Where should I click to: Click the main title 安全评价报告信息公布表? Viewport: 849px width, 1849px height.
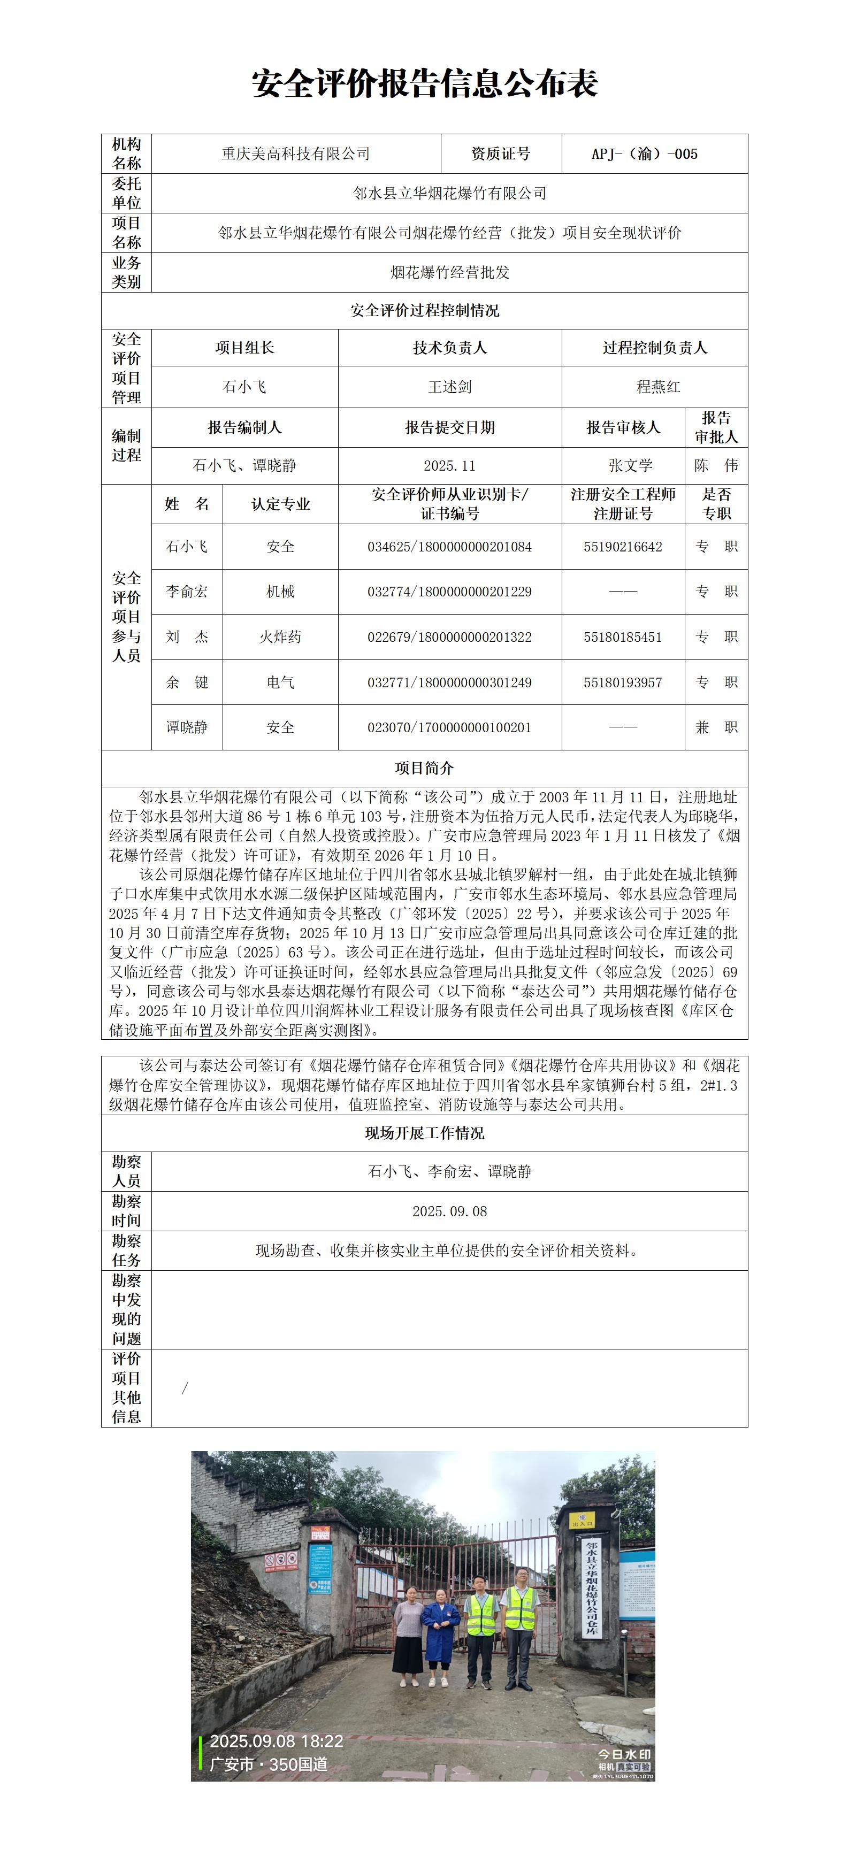pos(424,84)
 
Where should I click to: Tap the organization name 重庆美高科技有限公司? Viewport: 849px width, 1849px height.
pos(296,154)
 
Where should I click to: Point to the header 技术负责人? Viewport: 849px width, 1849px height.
pos(449,348)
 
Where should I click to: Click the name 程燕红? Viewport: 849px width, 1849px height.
pos(657,387)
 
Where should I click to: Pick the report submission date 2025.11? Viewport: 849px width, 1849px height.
pos(449,466)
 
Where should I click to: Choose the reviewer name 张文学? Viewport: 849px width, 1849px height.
pos(630,466)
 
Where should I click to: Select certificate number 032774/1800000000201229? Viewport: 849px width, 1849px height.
pos(449,592)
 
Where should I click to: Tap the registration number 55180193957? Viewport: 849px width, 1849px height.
pos(622,682)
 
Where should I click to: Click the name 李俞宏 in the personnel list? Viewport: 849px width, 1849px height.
pos(187,592)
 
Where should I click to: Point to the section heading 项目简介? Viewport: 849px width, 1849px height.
pos(424,768)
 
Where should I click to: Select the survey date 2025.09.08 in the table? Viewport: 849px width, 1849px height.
pos(449,1211)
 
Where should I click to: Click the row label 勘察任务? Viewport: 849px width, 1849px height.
pos(126,1250)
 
